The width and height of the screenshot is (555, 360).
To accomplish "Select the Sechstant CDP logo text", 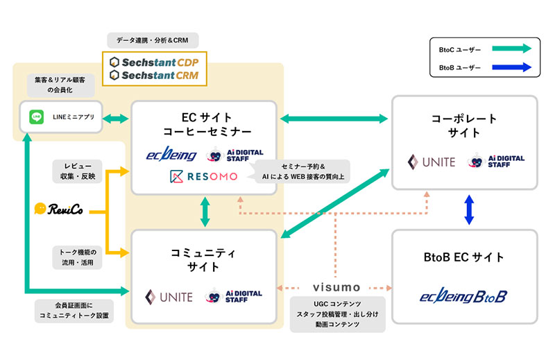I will (150, 60).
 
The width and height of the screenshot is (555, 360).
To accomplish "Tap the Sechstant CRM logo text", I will (150, 75).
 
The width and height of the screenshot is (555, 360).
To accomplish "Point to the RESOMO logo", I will (203, 177).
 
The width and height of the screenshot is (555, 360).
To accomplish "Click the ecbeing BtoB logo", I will (463, 296).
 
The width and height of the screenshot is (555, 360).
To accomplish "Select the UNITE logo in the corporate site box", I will (431, 162).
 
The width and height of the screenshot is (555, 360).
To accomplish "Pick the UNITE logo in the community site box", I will (169, 296).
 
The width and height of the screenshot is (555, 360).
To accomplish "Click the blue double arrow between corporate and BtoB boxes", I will (468, 209).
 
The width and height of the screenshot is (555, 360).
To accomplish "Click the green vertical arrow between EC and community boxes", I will (205, 212).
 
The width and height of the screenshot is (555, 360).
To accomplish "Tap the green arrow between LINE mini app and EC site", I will (115, 119).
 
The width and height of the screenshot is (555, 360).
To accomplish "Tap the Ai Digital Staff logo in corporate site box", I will (497, 162).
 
